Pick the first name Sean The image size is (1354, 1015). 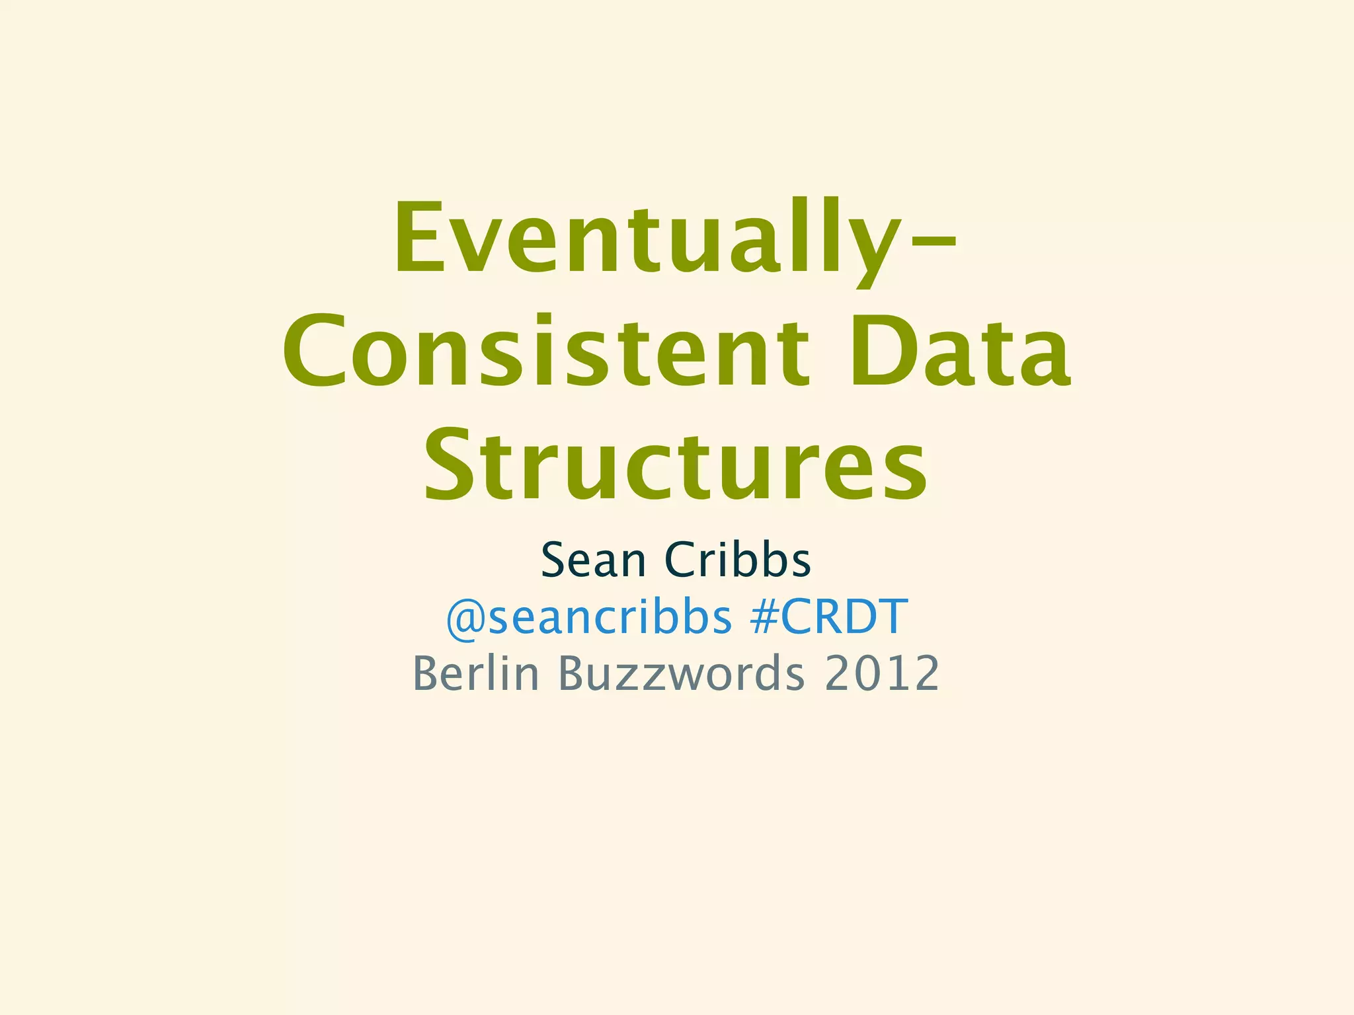click(592, 560)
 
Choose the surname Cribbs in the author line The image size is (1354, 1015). click(737, 560)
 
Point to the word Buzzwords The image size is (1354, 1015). click(682, 673)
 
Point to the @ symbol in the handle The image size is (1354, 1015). click(465, 619)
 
